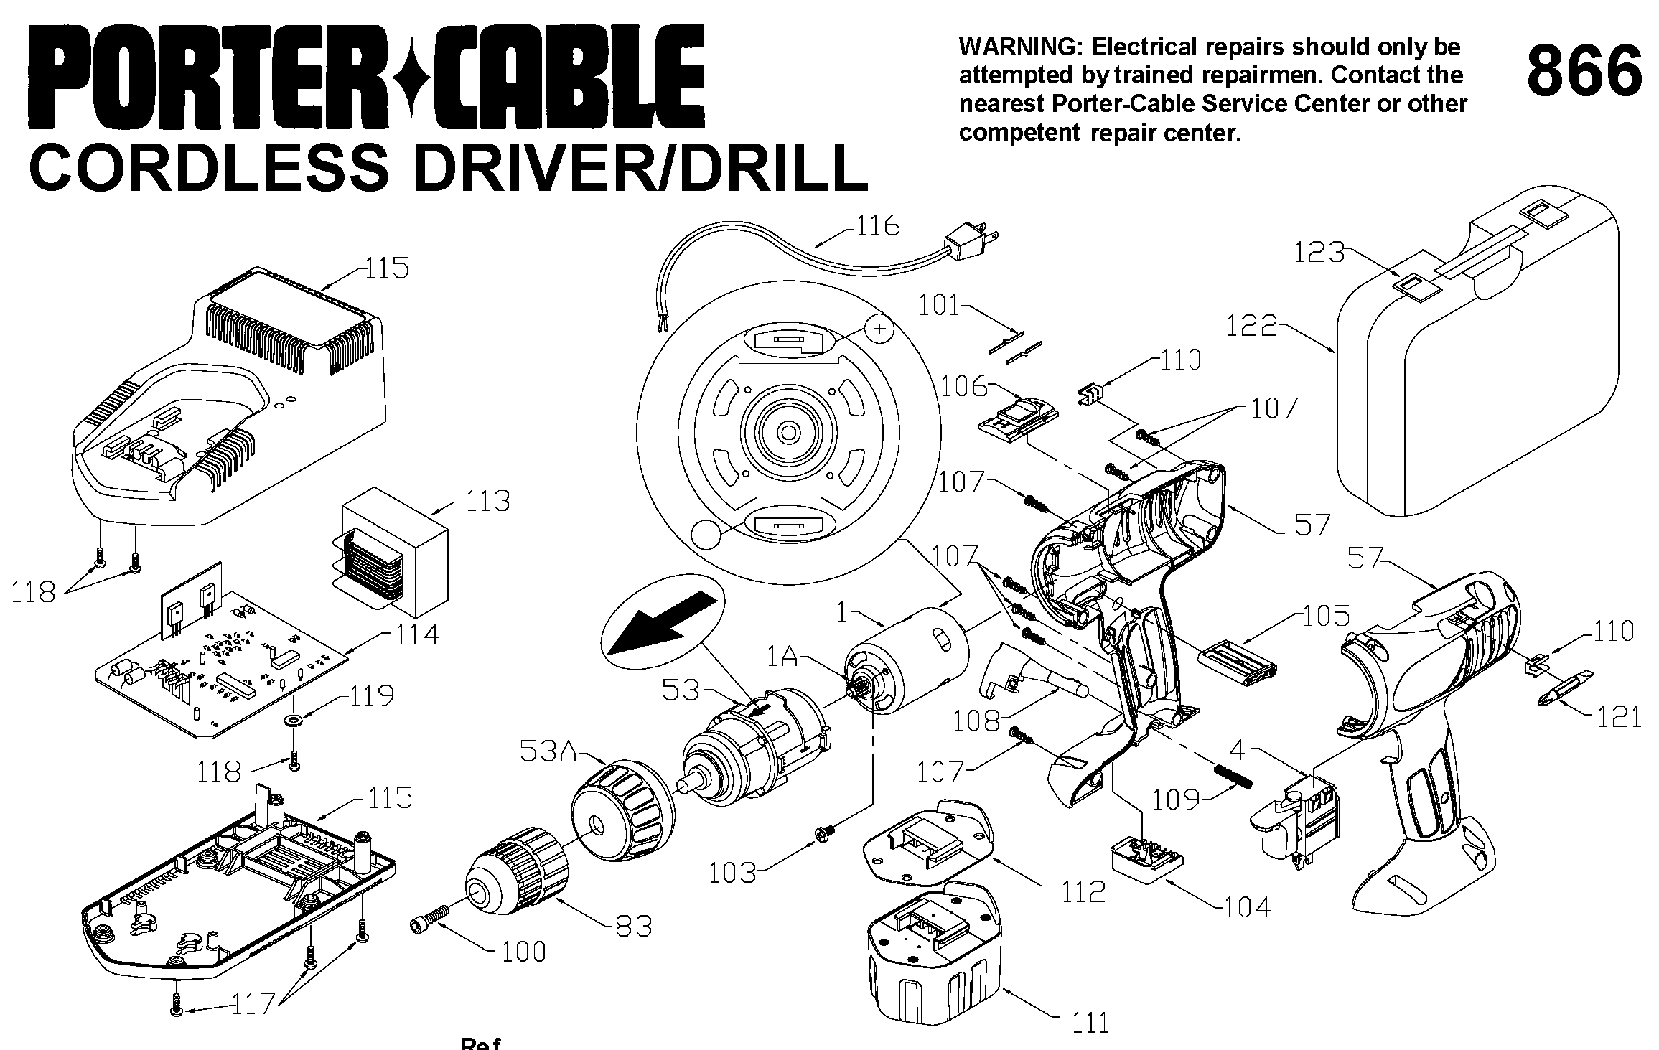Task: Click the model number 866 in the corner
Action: (1584, 70)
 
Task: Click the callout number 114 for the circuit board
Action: (416, 634)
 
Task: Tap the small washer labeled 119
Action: (292, 719)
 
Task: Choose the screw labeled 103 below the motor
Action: (823, 833)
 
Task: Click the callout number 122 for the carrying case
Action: (1251, 327)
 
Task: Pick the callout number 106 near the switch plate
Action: (964, 387)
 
